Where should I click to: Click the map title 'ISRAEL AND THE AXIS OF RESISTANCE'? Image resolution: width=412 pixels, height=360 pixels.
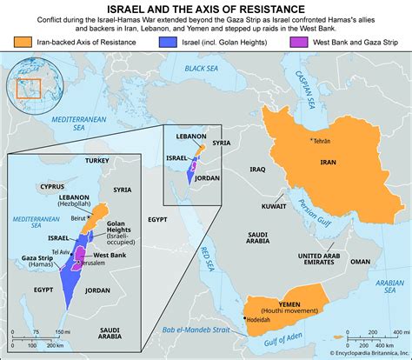click(x=206, y=7)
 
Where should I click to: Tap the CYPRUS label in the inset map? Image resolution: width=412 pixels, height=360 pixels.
click(x=55, y=186)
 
